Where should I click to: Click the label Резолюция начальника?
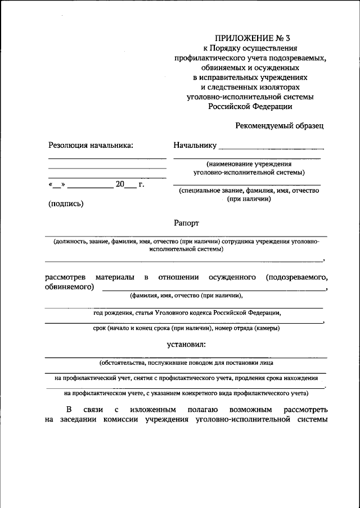[91, 146]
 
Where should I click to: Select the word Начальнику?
[195, 146]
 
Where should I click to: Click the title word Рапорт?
[186, 223]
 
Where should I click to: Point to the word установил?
[186, 344]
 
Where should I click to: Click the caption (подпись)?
[66, 203]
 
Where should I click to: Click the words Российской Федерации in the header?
[251, 106]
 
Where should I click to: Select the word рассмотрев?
[64, 277]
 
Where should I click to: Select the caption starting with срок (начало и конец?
[186, 328]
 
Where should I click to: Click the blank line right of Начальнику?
[271, 148]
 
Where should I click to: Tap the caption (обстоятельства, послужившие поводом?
[186, 362]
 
